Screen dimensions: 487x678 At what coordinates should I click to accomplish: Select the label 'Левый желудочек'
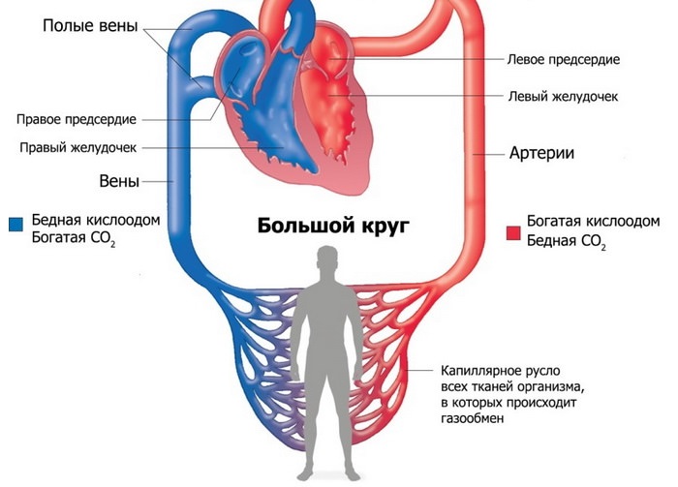(563, 97)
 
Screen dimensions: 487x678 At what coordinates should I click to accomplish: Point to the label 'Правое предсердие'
(76, 119)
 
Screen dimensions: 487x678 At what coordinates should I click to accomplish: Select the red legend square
(513, 231)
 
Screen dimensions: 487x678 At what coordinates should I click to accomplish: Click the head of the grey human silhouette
(330, 259)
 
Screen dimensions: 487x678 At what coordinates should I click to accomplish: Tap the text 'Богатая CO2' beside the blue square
(73, 238)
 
